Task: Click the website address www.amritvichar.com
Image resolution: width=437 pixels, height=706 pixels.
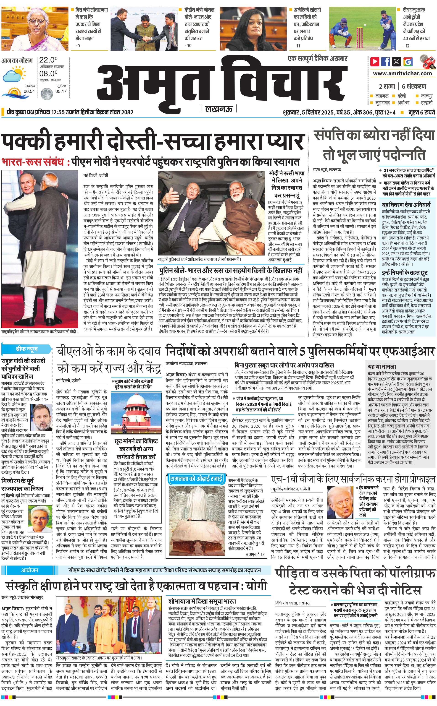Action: click(402, 73)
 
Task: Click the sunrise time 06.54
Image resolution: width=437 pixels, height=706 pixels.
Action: click(29, 91)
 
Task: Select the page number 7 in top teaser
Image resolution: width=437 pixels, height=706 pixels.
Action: click(78, 46)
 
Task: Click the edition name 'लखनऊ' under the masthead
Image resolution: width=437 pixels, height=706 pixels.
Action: click(218, 109)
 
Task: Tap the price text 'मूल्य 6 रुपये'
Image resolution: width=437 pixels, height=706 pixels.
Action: click(422, 112)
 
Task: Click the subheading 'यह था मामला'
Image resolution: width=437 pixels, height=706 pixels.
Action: click(382, 366)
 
